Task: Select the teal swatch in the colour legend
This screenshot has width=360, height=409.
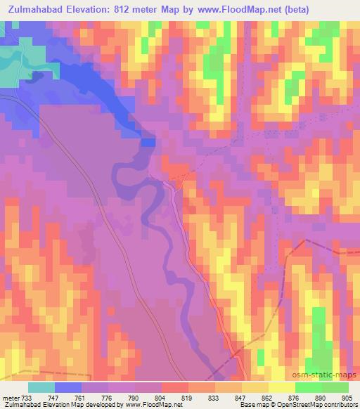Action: tap(42, 387)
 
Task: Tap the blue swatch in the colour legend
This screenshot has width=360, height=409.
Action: tap(69, 387)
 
